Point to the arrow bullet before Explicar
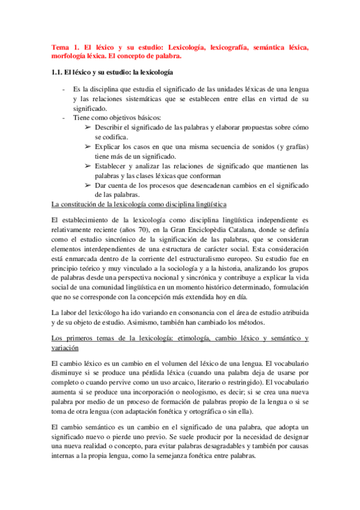click(88, 146)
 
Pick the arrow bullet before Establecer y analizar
click(88, 165)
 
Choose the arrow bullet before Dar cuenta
click(88, 185)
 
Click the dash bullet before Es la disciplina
click(64, 89)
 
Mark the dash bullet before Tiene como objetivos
click(64, 118)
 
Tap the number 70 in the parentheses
click(142, 232)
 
